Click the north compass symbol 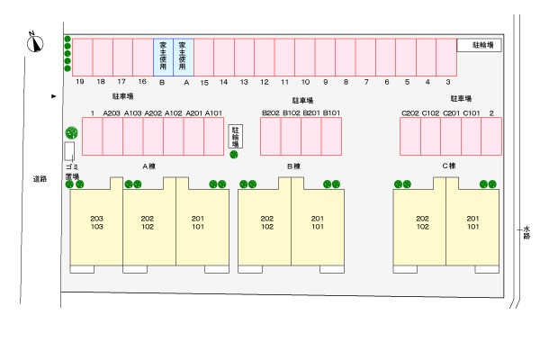click(34, 41)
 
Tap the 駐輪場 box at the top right click(479, 45)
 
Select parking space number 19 click(82, 57)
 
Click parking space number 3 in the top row click(447, 57)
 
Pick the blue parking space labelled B click(163, 56)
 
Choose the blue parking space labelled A click(184, 56)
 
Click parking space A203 click(112, 137)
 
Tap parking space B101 click(332, 137)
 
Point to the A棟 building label click(150, 166)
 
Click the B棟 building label click(293, 166)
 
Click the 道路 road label click(39, 180)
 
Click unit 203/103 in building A click(96, 223)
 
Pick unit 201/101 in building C click(473, 223)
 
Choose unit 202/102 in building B click(266, 223)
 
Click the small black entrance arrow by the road click(54, 95)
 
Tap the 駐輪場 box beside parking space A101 click(235, 137)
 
